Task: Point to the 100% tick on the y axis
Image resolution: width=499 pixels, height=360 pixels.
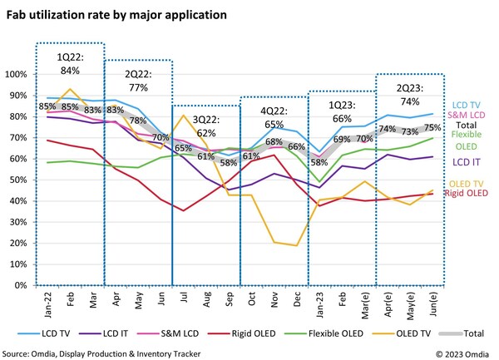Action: [17, 74]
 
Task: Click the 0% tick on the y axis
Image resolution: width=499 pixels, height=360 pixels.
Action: [20, 285]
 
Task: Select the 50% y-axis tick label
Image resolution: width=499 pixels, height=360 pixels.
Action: [18, 180]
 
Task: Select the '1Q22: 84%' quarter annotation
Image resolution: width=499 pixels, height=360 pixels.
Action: [69, 63]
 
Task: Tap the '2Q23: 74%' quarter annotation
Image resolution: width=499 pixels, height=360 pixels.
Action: [409, 94]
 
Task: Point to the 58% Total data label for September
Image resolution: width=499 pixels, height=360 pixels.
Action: [227, 162]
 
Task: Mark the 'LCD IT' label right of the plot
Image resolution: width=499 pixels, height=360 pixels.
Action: [462, 160]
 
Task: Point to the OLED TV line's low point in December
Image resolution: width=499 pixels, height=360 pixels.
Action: [295, 245]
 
